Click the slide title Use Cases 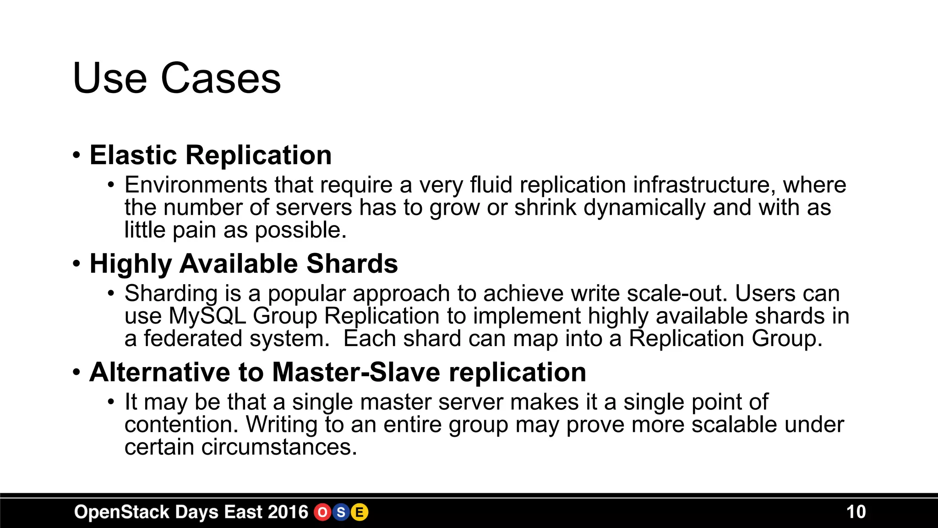(x=176, y=78)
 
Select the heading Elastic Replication (x=210, y=155)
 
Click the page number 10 (x=856, y=512)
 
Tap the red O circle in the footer (x=322, y=512)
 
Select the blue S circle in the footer (x=341, y=512)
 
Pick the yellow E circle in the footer (x=360, y=512)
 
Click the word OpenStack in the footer (x=121, y=512)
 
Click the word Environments (x=196, y=185)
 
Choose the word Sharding (x=171, y=294)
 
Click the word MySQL (x=207, y=316)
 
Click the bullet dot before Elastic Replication (x=76, y=155)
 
